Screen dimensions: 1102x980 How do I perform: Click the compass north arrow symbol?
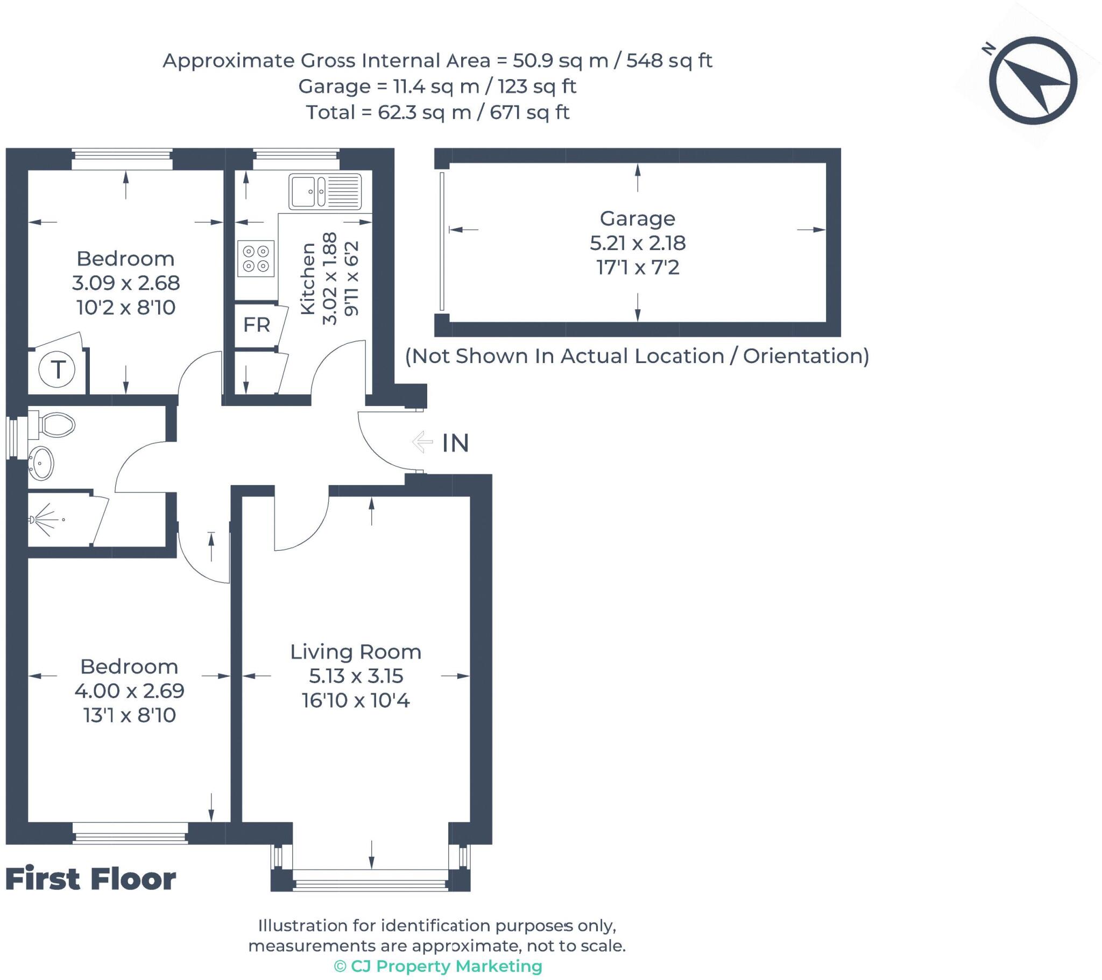coord(1033,81)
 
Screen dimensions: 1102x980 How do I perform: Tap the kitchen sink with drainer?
coord(325,191)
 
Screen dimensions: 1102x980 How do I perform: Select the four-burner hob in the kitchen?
coord(256,258)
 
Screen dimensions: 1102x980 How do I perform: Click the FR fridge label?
coord(257,325)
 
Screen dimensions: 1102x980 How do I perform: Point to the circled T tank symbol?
coord(57,370)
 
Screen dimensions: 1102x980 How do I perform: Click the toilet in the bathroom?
coord(51,425)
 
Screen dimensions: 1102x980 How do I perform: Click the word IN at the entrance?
coord(456,443)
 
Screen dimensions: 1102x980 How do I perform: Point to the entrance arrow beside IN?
coord(422,442)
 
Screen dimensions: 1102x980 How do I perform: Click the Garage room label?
coord(637,218)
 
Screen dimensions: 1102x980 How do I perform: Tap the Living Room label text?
coord(356,652)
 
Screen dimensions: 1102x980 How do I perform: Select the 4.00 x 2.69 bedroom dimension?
coord(129,691)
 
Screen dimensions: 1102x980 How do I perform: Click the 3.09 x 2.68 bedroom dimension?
coord(125,282)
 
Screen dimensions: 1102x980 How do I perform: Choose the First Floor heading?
coord(90,879)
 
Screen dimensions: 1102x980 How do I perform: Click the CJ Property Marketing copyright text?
coord(438,966)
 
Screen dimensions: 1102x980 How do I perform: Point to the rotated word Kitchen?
coord(307,279)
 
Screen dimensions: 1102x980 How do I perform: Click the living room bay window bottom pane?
coord(371,884)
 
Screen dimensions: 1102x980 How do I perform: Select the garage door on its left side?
coord(442,242)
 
